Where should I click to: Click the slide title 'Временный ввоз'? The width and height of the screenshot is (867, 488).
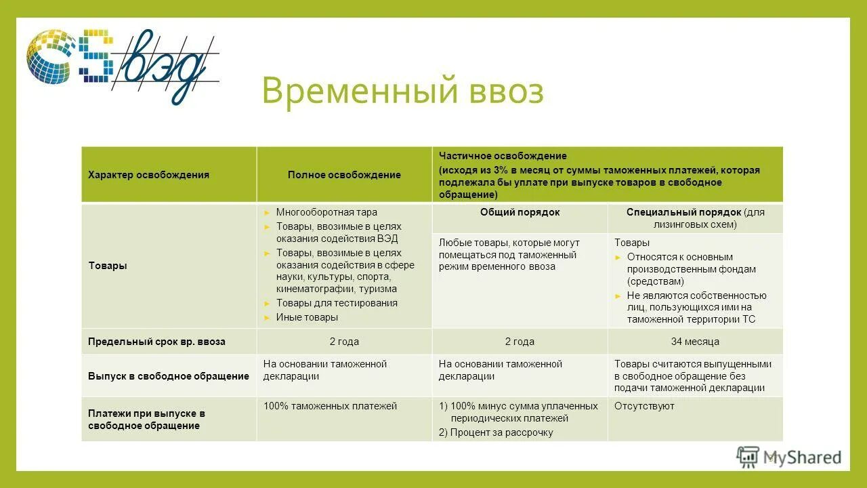(402, 91)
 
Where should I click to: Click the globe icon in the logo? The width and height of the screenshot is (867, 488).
(49, 56)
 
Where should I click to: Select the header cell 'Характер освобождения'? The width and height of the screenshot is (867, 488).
(148, 175)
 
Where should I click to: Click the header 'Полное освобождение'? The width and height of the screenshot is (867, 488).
(344, 175)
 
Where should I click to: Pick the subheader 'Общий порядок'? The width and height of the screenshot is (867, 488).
(520, 212)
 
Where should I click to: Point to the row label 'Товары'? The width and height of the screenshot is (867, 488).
(108, 266)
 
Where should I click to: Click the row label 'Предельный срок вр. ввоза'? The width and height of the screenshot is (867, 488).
(156, 342)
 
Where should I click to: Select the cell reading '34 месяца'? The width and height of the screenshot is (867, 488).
(695, 342)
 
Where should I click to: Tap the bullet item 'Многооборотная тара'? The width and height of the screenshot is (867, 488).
(326, 212)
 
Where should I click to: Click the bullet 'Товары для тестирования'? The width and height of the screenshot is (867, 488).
(337, 303)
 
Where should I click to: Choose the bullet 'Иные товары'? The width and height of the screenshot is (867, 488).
(307, 317)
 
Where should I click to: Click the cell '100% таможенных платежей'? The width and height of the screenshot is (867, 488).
(330, 406)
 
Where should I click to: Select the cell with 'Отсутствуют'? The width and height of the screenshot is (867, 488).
(644, 406)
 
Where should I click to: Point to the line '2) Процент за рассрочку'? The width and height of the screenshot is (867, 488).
(496, 432)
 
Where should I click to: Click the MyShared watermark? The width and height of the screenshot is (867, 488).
(789, 457)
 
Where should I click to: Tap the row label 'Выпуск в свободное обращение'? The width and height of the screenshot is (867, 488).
(168, 376)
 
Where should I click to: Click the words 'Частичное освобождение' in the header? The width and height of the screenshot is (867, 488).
(503, 156)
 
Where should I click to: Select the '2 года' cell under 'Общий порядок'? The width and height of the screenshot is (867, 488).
(520, 342)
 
